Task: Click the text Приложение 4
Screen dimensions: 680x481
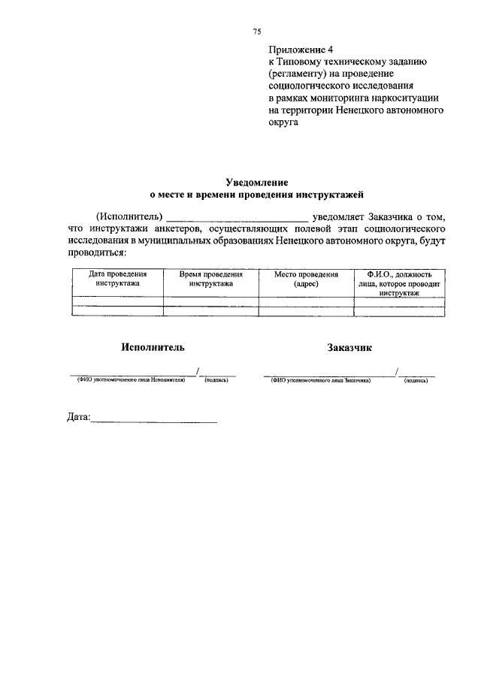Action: (x=301, y=50)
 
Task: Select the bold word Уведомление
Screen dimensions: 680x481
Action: (x=257, y=183)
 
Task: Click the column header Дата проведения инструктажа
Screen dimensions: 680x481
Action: (x=117, y=279)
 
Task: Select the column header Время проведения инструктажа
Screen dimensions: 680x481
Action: (x=210, y=279)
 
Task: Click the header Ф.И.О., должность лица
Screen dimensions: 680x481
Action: (x=399, y=283)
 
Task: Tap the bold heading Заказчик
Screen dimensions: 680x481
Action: (x=349, y=347)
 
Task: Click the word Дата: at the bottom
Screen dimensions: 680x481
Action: (x=78, y=416)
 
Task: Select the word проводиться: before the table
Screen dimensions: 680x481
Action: (x=98, y=252)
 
